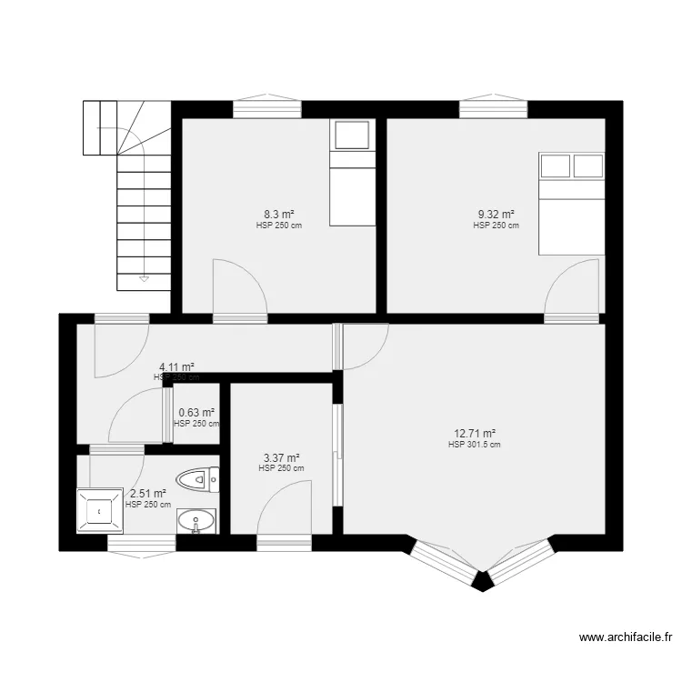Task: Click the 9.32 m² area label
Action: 496,216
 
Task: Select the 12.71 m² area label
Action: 475,434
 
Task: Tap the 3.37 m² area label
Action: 281,458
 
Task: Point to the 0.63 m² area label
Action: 196,413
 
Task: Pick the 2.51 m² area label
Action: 148,494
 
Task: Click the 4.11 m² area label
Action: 176,366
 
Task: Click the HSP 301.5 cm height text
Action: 475,446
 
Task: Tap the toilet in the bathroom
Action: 199,477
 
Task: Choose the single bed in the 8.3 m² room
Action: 351,173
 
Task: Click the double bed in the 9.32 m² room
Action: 571,204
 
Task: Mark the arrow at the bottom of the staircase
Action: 144,278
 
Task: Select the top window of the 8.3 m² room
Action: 267,108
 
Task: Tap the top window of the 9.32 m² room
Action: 493,108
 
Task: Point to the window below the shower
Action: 142,542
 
